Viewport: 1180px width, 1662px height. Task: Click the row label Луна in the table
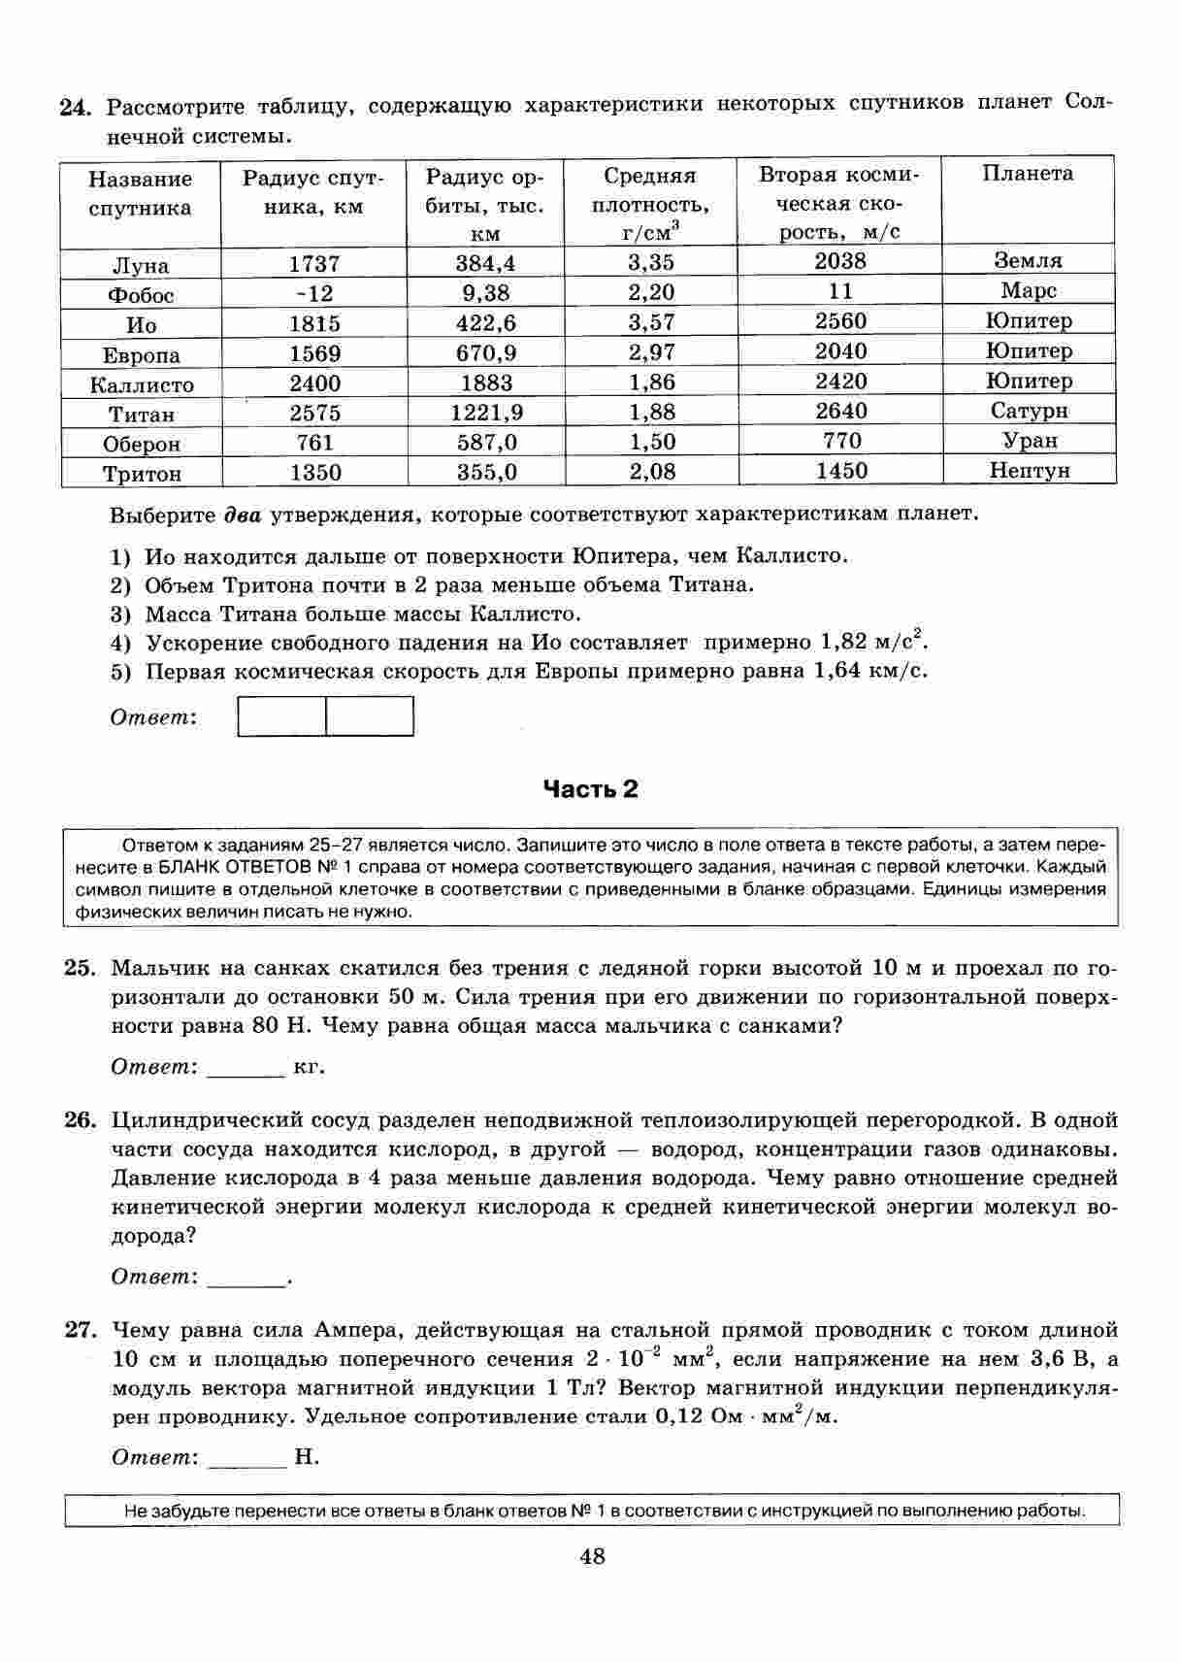[x=141, y=266]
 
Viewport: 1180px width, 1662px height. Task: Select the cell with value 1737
[x=314, y=264]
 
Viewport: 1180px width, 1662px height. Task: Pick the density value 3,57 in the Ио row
[x=651, y=322]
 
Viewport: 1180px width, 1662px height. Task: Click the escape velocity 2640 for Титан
[x=840, y=411]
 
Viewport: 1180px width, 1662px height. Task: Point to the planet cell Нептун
[x=1029, y=471]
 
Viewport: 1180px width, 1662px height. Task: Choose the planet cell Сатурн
[x=1029, y=411]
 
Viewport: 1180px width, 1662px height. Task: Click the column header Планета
[x=1028, y=174]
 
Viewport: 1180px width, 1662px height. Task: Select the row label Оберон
[x=142, y=445]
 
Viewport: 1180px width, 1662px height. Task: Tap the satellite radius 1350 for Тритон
[x=314, y=473]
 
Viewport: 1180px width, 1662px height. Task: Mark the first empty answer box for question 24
[x=281, y=717]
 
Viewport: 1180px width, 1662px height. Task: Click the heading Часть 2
[x=590, y=789]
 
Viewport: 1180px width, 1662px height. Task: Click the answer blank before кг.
[x=246, y=1069]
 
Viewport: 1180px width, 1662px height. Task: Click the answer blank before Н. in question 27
[x=246, y=1459]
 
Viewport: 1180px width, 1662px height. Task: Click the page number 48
[x=592, y=1557]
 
